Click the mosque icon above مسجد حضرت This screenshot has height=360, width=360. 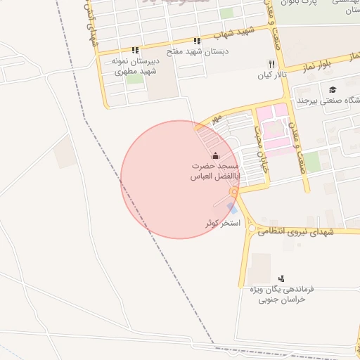click(x=214, y=155)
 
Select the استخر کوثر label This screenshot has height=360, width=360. click(x=222, y=223)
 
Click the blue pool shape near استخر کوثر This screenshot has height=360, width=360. click(x=231, y=208)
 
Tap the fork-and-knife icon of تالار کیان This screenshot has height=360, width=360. click(x=271, y=63)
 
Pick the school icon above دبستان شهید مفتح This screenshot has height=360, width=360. click(x=197, y=41)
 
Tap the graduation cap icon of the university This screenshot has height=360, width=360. click(x=332, y=89)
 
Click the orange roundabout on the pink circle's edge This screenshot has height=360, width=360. click(x=233, y=191)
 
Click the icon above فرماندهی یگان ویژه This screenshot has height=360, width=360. click(x=281, y=278)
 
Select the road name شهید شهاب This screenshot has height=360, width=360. click(x=236, y=32)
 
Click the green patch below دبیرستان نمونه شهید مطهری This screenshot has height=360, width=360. click(x=134, y=79)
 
